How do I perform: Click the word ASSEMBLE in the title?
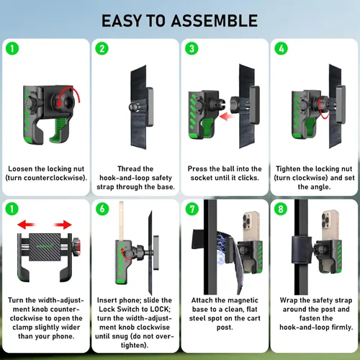click(x=215, y=21)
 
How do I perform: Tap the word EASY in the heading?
click(x=122, y=21)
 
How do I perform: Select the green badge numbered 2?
click(x=102, y=48)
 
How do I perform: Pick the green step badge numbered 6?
click(x=102, y=209)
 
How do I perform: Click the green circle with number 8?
click(x=281, y=209)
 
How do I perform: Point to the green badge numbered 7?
click(x=192, y=209)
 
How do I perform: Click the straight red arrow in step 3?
click(x=227, y=117)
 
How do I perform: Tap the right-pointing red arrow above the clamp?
click(x=63, y=225)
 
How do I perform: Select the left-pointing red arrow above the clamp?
click(x=27, y=225)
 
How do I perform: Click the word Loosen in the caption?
click(x=20, y=168)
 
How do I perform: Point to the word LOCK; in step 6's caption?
click(x=160, y=309)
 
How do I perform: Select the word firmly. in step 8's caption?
click(x=342, y=327)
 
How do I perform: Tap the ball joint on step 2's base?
click(x=133, y=107)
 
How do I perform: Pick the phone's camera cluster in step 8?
click(x=326, y=220)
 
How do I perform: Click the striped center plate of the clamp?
click(x=45, y=247)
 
